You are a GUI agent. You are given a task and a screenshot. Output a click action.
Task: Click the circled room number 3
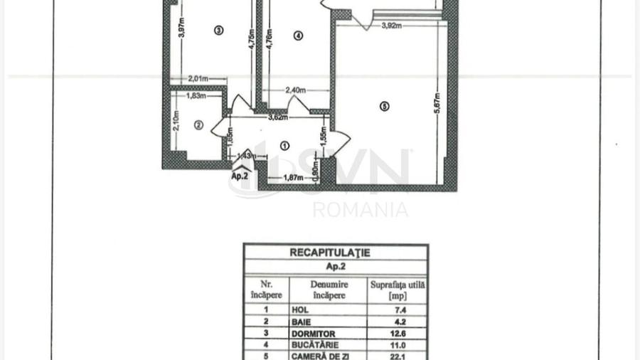click(x=218, y=30)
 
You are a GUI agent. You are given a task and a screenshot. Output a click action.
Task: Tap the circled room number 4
click(x=298, y=36)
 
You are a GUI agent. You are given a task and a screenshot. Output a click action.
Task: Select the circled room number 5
click(x=385, y=107)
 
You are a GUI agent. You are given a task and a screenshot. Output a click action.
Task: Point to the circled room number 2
click(x=199, y=125)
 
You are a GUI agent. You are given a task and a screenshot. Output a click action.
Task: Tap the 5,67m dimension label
click(x=437, y=107)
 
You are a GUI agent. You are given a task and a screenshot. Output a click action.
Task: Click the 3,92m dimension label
click(x=392, y=26)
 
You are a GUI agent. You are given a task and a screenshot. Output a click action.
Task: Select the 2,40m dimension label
click(x=295, y=90)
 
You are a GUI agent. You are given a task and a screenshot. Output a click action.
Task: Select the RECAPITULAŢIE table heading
click(x=330, y=252)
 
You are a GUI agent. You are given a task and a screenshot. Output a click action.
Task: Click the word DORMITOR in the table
click(x=313, y=333)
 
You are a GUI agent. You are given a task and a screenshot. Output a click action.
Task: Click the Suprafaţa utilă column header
click(x=398, y=289)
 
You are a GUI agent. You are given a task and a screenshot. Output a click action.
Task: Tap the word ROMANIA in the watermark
click(x=361, y=210)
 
